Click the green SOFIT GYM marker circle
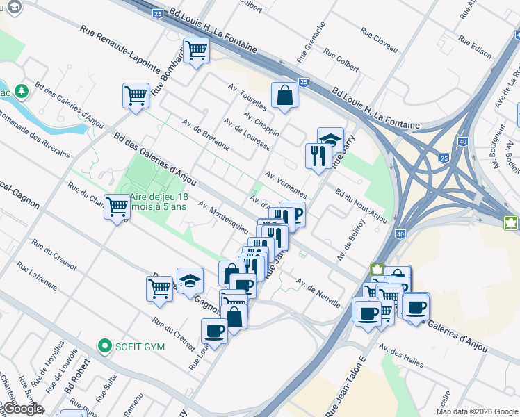[x=104, y=345]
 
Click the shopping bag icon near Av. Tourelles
[x=284, y=95]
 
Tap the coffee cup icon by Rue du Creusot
[x=214, y=331]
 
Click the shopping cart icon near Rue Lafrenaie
[x=159, y=287]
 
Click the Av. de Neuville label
[x=318, y=293]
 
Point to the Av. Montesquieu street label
[x=222, y=218]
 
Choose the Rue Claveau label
[x=379, y=41]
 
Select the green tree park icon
[x=22, y=90]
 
